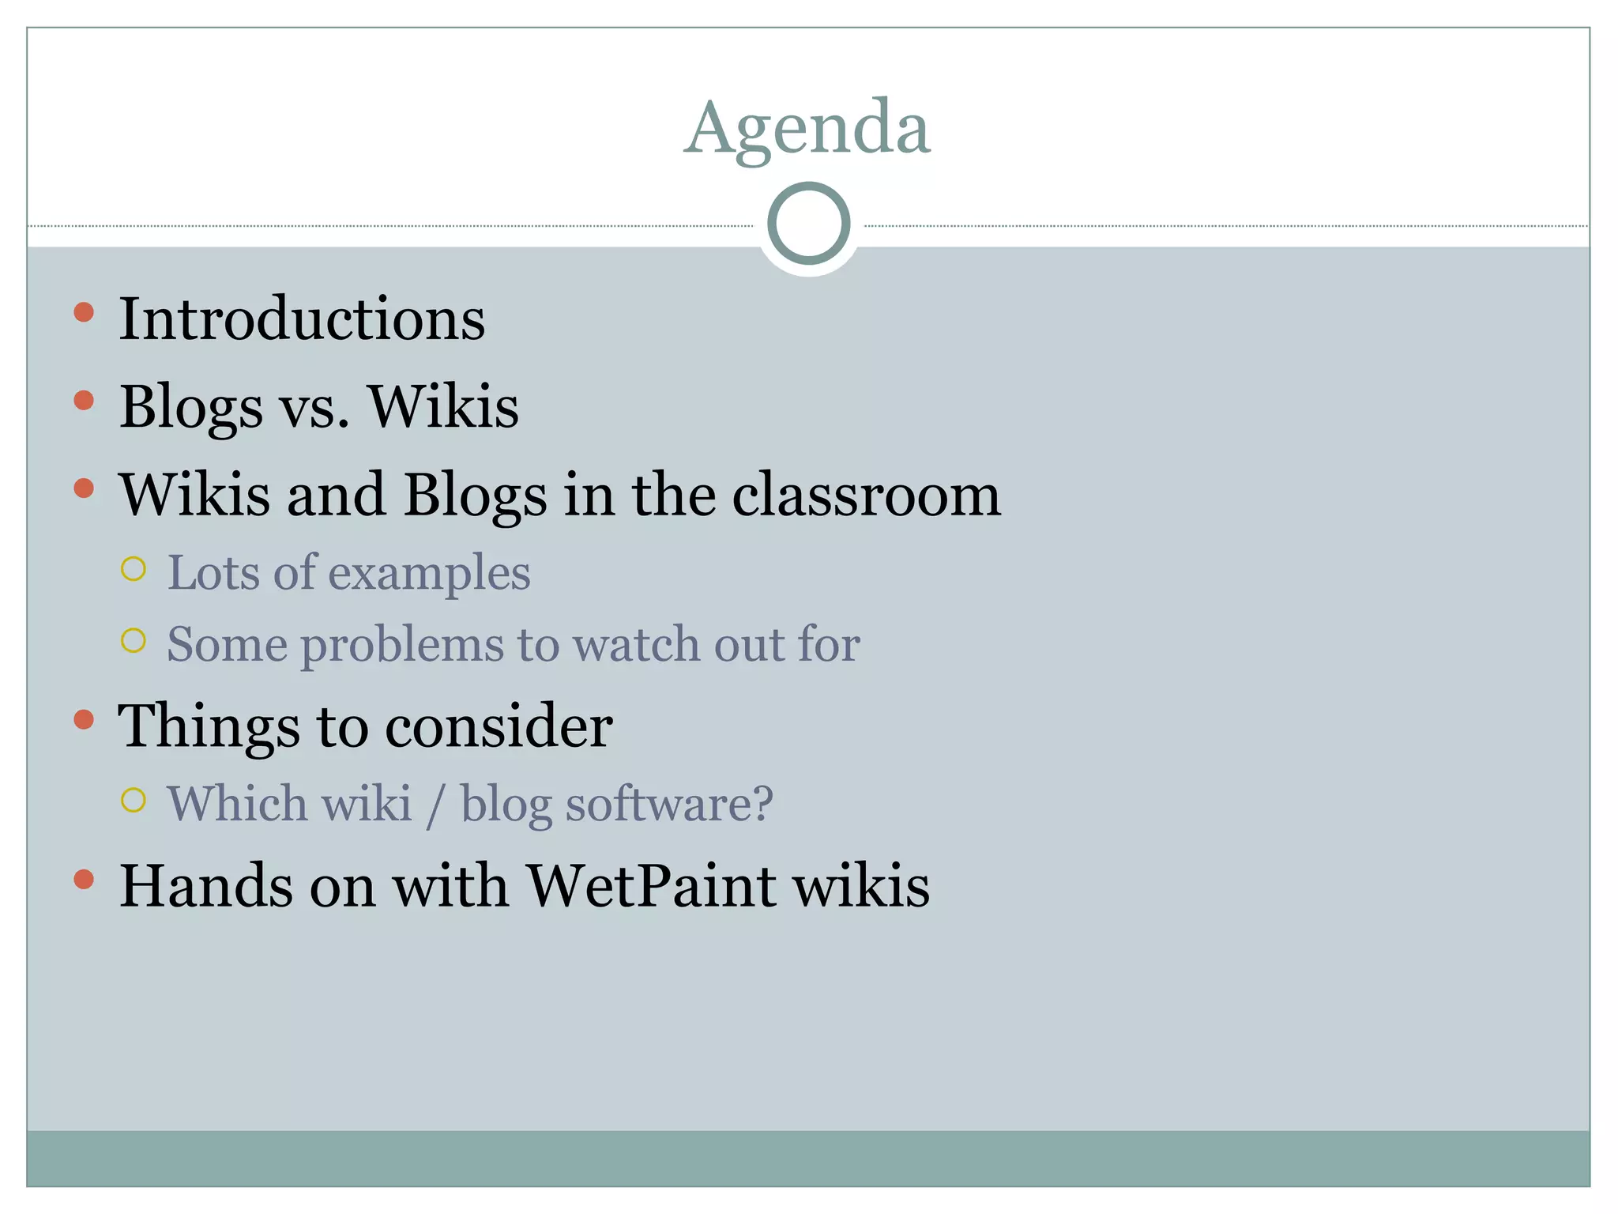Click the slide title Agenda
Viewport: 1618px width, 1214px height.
tap(807, 129)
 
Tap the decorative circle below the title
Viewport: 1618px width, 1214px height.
tap(808, 224)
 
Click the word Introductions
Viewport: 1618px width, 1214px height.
tap(302, 319)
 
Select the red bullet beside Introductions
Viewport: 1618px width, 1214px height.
tap(84, 312)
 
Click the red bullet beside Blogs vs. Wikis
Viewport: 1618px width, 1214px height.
tap(84, 400)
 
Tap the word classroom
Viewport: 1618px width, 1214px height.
tap(867, 496)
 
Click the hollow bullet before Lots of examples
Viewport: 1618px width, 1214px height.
tap(134, 568)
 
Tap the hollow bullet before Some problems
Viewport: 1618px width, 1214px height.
tap(134, 640)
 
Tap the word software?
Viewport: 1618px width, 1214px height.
tap(617, 805)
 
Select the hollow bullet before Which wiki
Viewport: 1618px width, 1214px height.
tap(134, 800)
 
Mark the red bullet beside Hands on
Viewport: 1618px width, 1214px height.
tap(84, 879)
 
